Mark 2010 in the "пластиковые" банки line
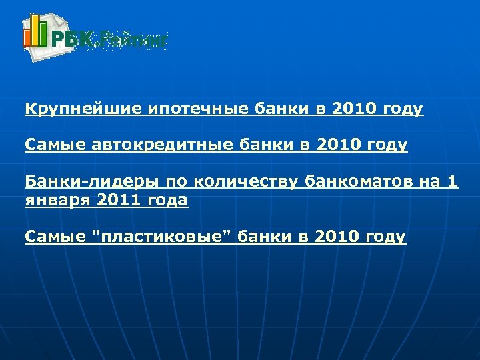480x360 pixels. pos(331,237)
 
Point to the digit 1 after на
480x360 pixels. pos(453,181)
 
